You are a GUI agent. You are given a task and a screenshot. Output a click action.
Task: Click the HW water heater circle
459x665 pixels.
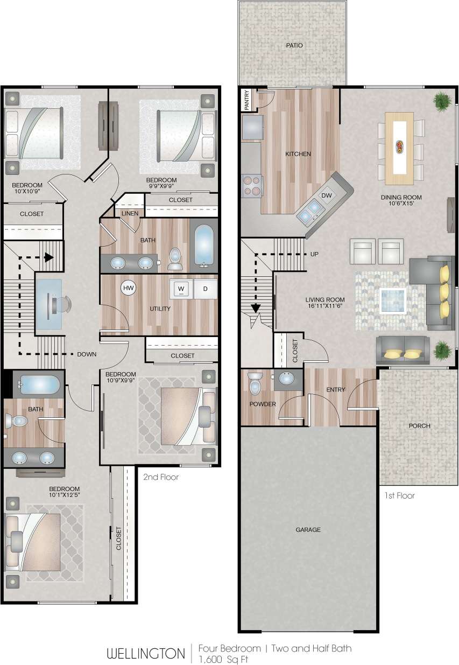128,288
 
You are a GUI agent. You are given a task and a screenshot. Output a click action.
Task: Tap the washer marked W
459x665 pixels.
181,289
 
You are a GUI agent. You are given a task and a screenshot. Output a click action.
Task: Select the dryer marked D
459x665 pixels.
205,289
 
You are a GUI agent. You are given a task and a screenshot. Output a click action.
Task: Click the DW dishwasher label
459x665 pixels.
327,195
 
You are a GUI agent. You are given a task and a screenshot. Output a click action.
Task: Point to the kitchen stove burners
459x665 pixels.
251,185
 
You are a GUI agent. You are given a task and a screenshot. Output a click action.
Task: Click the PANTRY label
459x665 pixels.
247,100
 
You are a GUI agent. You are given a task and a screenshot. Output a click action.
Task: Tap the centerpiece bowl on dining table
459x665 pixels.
400,145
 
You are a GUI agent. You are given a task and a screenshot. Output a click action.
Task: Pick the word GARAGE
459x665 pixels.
308,530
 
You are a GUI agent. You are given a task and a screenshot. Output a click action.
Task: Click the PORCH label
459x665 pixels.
419,425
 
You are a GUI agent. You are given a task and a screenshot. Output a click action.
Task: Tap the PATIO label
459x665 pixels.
294,45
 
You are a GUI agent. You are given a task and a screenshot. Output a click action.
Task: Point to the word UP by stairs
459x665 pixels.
315,254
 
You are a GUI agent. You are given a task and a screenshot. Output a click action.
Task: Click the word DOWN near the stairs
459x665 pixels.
87,354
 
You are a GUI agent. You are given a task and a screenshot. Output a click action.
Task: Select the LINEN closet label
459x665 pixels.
130,213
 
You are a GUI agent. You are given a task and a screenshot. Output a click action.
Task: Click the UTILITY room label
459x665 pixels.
160,309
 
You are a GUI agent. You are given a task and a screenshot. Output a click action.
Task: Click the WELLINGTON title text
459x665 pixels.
145,654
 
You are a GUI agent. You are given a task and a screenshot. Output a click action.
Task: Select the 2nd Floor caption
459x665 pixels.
161,477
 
